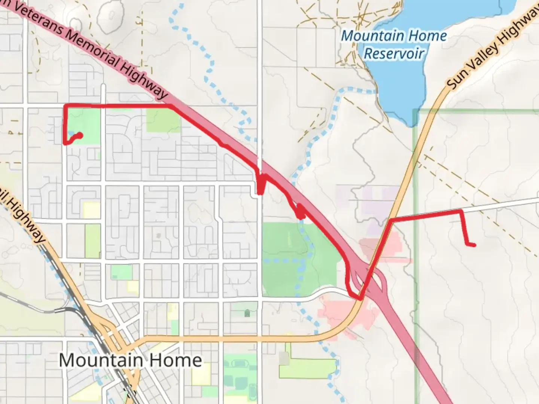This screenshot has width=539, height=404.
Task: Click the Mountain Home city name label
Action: [x=130, y=360]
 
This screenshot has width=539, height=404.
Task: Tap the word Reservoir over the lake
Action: [x=394, y=53]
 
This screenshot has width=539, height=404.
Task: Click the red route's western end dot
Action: [x=80, y=135]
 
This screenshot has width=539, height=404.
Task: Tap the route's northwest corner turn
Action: [x=66, y=106]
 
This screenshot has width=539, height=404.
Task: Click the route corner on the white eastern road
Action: [x=461, y=212]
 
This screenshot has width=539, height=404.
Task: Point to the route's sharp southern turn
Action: [x=360, y=299]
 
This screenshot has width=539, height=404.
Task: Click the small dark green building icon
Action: [x=247, y=313]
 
